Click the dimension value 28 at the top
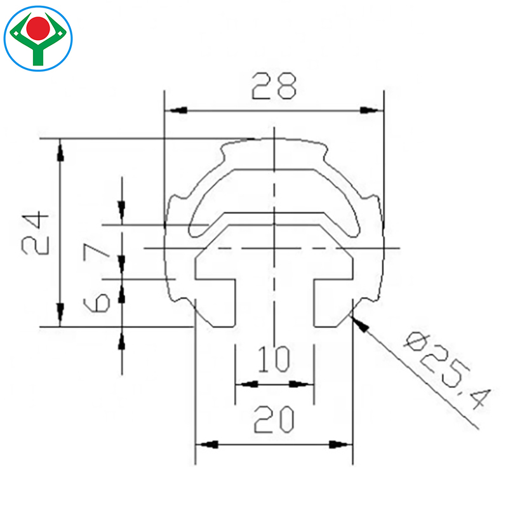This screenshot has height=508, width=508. pyautogui.click(x=274, y=86)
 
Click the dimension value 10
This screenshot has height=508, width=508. pyautogui.click(x=274, y=359)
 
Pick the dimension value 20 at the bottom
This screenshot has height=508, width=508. pyautogui.click(x=274, y=420)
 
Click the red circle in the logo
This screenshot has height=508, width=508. pyautogui.click(x=39, y=27)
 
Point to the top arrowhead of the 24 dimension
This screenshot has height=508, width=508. pyautogui.click(x=60, y=150)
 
